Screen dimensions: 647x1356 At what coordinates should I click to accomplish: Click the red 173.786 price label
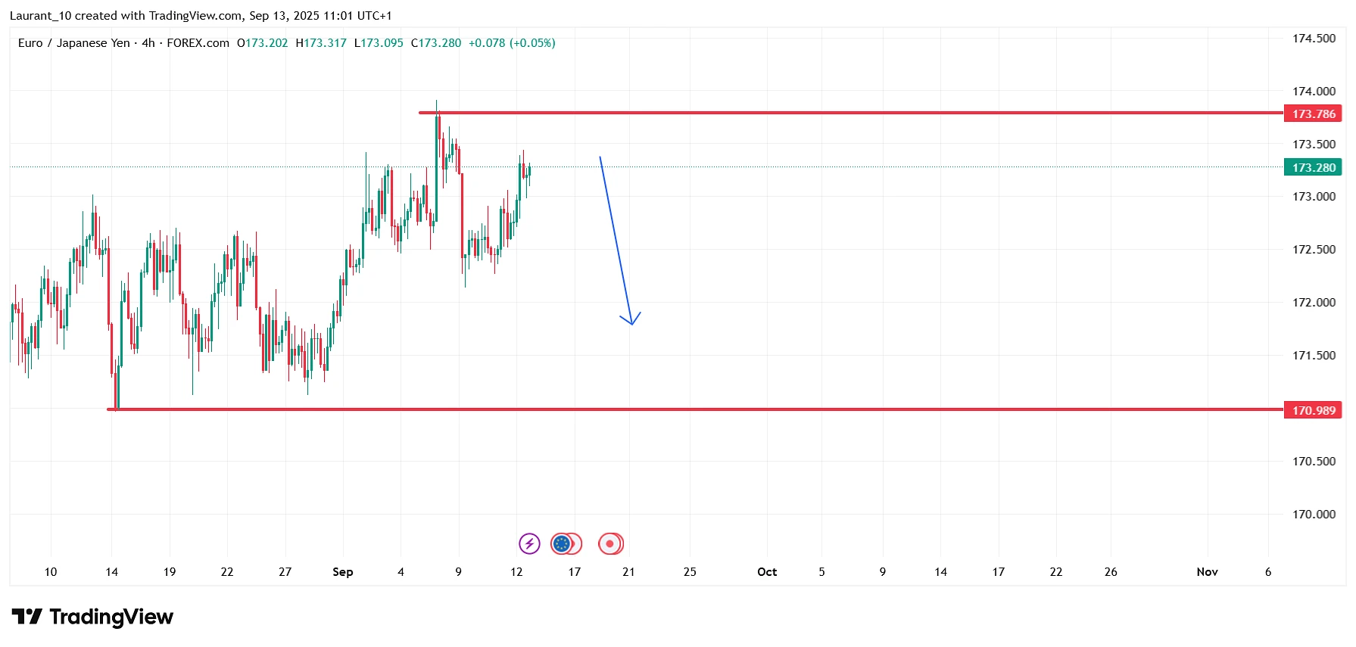tap(1313, 114)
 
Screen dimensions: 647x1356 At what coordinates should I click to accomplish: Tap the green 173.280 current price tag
tap(1313, 167)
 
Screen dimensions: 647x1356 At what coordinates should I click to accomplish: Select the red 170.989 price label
tap(1313, 410)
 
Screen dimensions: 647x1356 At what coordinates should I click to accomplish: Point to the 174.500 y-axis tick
tap(1314, 39)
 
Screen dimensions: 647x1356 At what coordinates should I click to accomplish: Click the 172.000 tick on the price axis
tap(1314, 303)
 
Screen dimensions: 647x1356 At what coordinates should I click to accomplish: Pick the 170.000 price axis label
tap(1314, 515)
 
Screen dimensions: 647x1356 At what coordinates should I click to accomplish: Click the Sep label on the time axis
tap(342, 572)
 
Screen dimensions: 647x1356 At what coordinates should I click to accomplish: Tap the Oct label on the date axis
tap(767, 572)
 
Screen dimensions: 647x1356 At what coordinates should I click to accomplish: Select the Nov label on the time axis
tap(1207, 572)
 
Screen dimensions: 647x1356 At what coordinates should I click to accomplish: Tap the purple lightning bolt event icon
tap(529, 543)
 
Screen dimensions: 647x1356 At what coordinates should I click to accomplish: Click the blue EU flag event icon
tap(562, 543)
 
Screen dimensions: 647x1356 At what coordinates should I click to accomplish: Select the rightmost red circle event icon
tap(610, 543)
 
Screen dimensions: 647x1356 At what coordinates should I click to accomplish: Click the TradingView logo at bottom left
tap(92, 617)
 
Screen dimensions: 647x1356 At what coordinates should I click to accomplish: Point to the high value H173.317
tap(321, 43)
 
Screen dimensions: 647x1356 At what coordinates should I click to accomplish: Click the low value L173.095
tap(379, 43)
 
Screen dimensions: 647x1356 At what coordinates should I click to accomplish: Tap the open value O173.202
tap(263, 43)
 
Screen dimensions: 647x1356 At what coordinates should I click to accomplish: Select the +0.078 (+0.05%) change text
tap(512, 43)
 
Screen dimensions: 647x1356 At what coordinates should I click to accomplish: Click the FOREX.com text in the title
tap(198, 43)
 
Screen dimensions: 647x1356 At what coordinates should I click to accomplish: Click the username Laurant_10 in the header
tap(41, 16)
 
